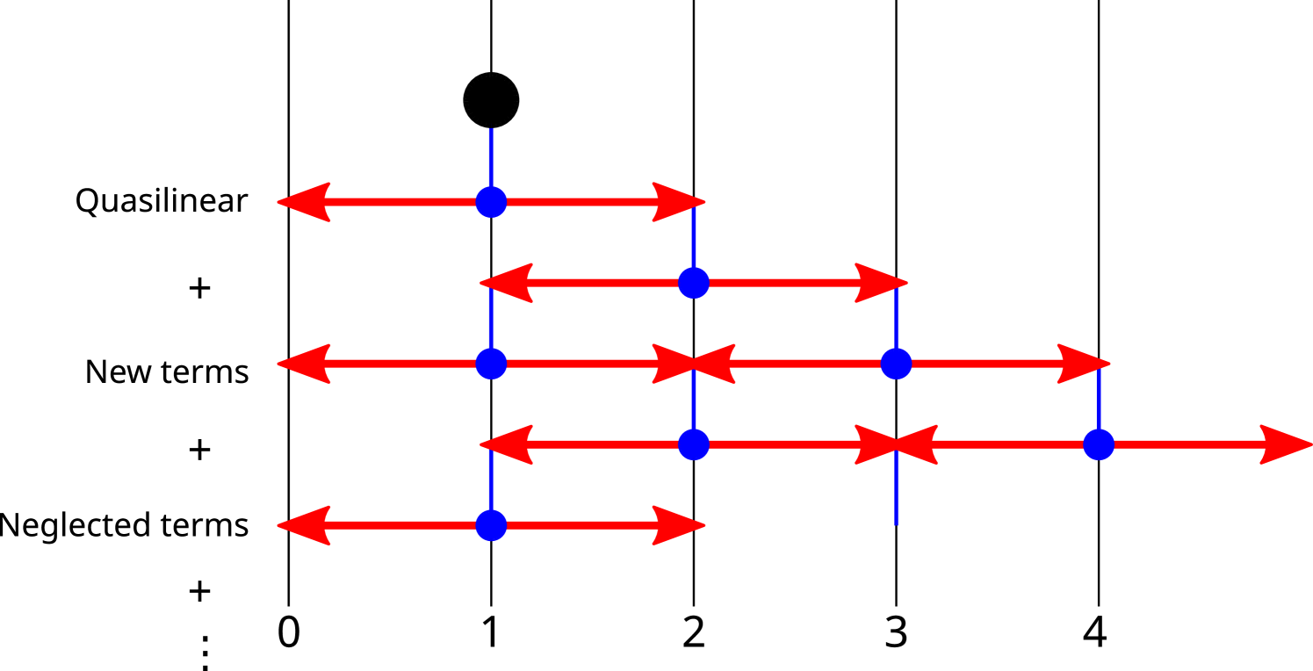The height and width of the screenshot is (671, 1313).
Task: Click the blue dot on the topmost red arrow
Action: tap(491, 202)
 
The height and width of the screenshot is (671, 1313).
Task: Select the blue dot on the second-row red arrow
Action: tap(694, 283)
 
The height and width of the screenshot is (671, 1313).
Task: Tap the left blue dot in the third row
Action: tap(491, 364)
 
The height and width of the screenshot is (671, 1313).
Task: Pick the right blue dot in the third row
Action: tap(896, 364)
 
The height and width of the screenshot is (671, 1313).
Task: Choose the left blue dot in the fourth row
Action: tap(694, 444)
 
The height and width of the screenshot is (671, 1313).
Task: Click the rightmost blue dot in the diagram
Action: tap(1099, 444)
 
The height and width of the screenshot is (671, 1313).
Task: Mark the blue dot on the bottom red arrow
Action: tap(491, 525)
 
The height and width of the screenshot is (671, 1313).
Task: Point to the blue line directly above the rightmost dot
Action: tap(1099, 400)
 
